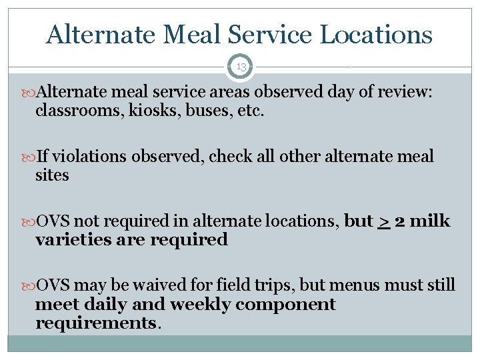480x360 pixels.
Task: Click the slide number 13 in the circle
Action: (240, 67)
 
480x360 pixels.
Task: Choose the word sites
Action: (52, 175)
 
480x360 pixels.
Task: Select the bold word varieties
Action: (73, 240)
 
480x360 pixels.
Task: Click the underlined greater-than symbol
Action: (383, 221)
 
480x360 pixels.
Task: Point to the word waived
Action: (156, 285)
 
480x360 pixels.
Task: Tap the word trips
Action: (273, 285)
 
